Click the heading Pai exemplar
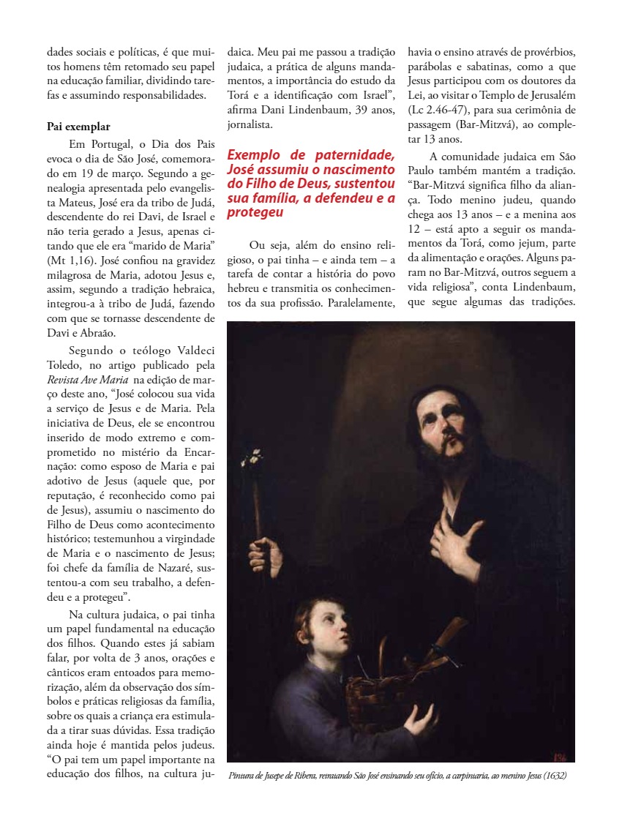78,127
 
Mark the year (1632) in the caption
552,776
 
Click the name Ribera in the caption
301,776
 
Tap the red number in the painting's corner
561,754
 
